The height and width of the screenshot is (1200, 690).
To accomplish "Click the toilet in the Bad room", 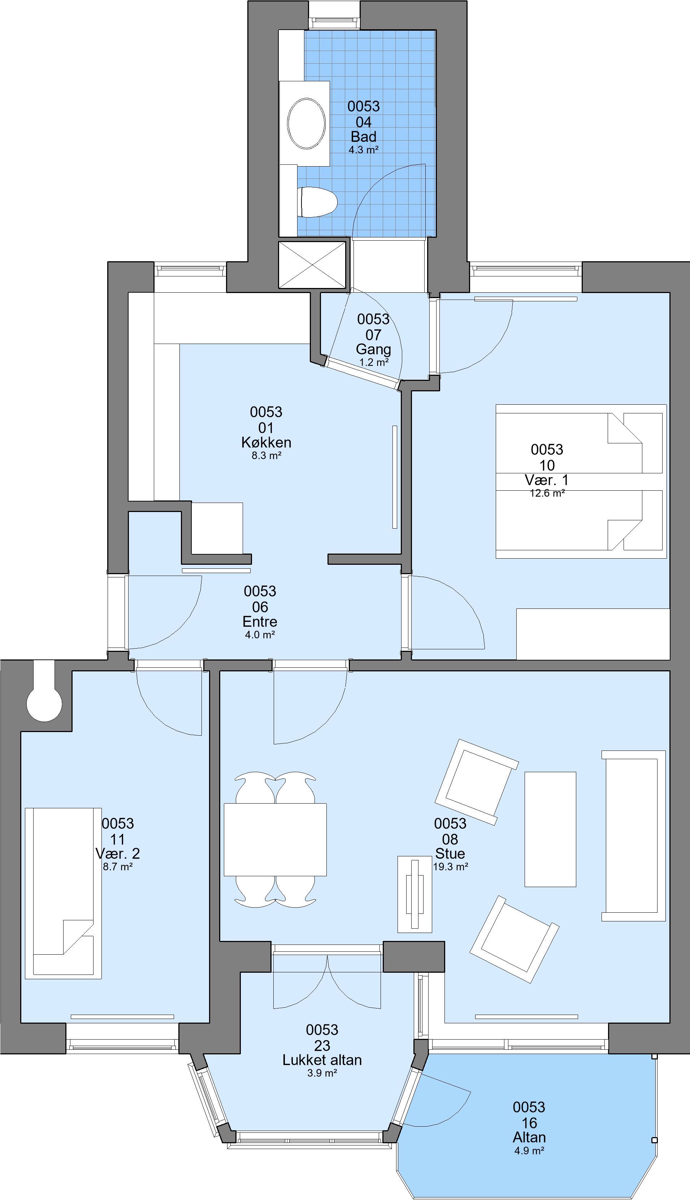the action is [317, 202].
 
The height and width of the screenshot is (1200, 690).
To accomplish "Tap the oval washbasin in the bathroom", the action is [307, 123].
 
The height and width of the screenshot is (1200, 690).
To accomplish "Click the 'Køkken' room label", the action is [266, 442].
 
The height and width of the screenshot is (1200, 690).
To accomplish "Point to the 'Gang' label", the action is [373, 349].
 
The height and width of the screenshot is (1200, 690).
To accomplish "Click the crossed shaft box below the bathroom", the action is [312, 264].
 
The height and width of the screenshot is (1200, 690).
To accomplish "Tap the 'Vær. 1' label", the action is [547, 480].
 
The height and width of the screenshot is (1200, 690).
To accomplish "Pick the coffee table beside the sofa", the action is [550, 829].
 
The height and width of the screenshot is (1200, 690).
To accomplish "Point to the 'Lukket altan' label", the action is [322, 1060].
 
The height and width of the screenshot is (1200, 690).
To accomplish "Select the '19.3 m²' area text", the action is [451, 867].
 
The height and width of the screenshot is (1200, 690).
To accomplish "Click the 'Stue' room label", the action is [450, 853].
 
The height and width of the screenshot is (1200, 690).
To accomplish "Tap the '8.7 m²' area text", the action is [118, 867].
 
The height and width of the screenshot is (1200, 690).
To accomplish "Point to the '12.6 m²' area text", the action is [547, 493].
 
